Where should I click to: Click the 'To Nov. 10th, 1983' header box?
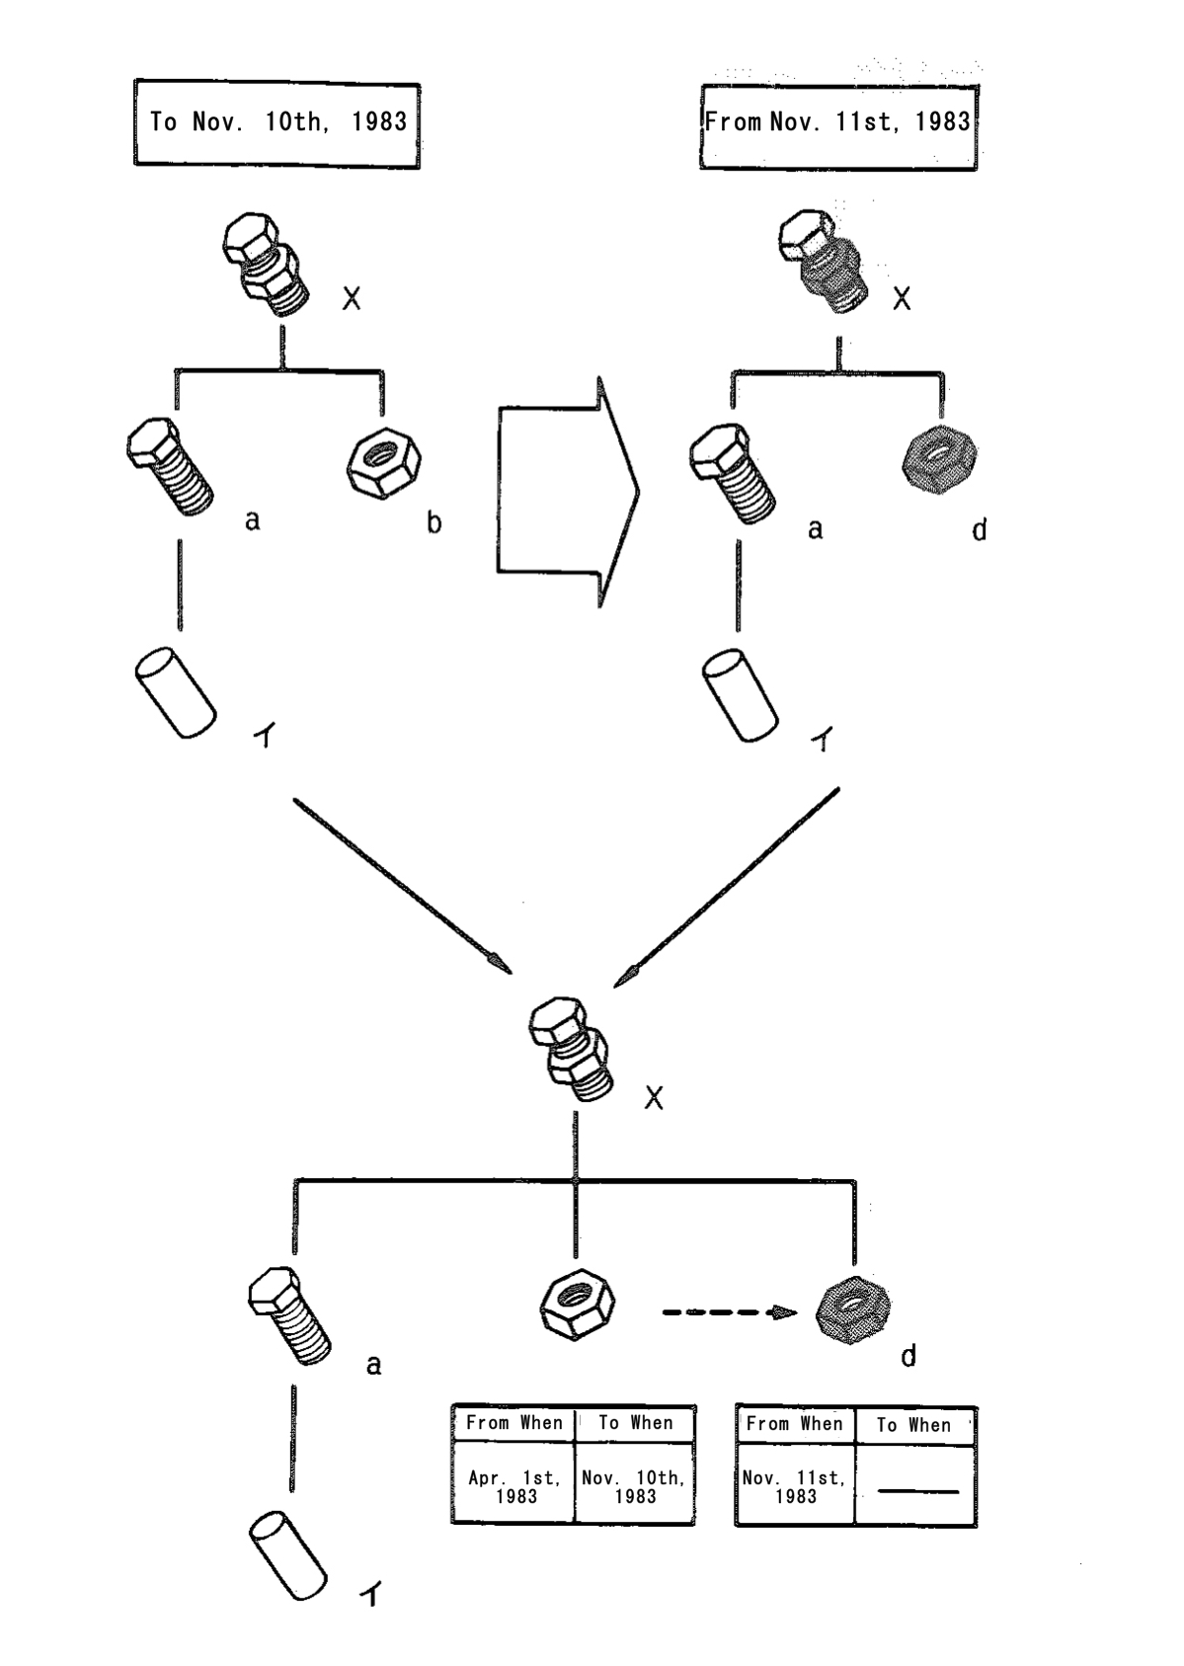click(276, 123)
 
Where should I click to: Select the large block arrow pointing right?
click(569, 490)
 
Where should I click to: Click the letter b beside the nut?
click(434, 522)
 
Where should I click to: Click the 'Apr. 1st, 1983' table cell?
click(514, 1486)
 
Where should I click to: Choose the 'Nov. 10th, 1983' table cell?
click(634, 1486)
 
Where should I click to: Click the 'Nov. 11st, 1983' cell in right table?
click(795, 1486)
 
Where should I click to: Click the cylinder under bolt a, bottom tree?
click(287, 1557)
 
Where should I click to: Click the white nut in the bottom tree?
click(577, 1306)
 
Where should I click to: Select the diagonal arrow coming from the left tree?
click(402, 885)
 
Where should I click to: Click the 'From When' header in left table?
click(513, 1423)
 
